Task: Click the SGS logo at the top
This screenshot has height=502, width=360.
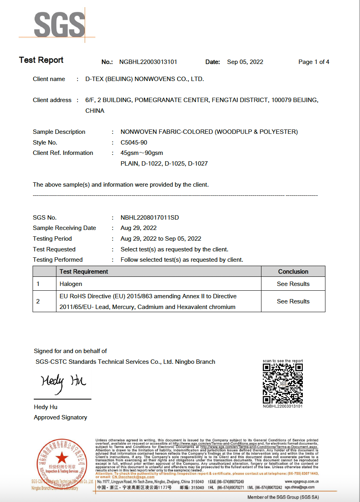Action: click(60, 25)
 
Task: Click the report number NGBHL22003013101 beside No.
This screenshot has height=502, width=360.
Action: click(148, 62)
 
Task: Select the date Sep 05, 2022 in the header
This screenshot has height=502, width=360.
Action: click(245, 62)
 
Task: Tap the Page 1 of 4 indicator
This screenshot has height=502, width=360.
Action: click(314, 62)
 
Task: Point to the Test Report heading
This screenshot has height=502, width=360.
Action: click(41, 60)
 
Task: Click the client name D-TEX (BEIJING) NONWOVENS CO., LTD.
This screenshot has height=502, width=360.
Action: click(145, 79)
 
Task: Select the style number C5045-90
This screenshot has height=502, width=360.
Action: click(134, 143)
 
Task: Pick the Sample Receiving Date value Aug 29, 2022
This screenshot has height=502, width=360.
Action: click(139, 228)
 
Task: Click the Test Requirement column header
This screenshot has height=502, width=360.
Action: click(84, 272)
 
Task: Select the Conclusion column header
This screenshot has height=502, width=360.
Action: click(293, 272)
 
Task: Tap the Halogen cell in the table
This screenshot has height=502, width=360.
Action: click(71, 284)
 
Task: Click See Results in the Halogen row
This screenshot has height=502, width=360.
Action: click(293, 284)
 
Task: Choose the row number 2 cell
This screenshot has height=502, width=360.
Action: click(38, 301)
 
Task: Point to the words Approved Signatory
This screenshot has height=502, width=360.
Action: click(60, 417)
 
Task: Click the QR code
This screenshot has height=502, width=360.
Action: click(283, 384)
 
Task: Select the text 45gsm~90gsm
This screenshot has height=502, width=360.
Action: click(142, 153)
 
